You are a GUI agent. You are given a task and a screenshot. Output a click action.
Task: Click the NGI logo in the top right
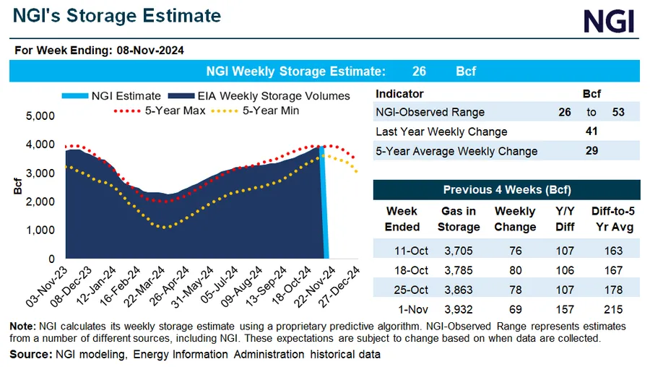coord(609,20)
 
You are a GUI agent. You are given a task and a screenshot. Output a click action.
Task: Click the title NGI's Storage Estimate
coord(116,16)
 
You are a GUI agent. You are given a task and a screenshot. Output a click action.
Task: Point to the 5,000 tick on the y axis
coord(40,116)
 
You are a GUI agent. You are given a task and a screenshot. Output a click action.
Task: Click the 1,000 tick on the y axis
coord(40,230)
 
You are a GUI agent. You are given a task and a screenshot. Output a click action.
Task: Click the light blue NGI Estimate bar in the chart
coord(324,202)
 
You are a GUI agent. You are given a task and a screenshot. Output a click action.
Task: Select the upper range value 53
coord(617,112)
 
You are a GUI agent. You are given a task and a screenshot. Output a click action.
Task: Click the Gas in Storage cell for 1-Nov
coord(459,308)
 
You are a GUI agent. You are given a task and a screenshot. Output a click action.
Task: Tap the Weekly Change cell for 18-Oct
coord(514,270)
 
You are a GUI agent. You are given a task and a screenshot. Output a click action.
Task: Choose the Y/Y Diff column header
coord(565,218)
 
